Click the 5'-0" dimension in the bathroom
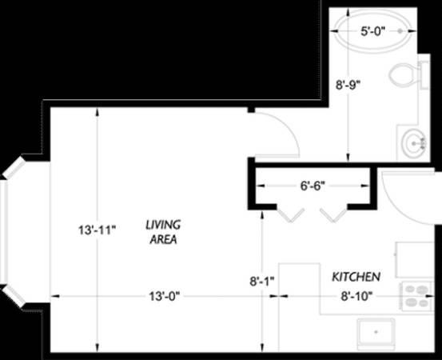[373, 31]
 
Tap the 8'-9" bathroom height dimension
[348, 84]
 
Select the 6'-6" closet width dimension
[313, 186]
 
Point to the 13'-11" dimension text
[98, 230]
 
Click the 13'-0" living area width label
[165, 296]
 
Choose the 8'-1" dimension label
[262, 282]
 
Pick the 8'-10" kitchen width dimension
[356, 296]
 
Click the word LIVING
[163, 225]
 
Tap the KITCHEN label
[356, 277]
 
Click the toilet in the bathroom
[406, 74]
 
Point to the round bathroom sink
[414, 144]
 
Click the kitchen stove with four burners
[416, 296]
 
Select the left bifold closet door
[290, 215]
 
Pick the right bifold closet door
[333, 215]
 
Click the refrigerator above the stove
[414, 259]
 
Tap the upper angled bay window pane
[14, 167]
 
